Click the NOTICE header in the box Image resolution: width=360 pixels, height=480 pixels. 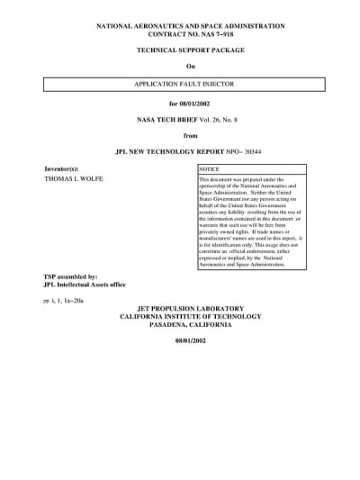click(209, 169)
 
